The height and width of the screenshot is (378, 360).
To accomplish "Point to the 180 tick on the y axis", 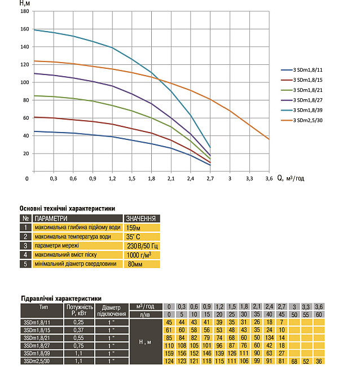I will point(24,11).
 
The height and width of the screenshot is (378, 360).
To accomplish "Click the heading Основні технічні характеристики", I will point(67,208).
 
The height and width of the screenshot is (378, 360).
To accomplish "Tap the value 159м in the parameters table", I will point(134,227).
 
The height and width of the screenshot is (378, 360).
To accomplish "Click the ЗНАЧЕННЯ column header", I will point(141,218).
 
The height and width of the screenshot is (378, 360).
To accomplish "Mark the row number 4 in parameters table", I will point(25,254).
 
